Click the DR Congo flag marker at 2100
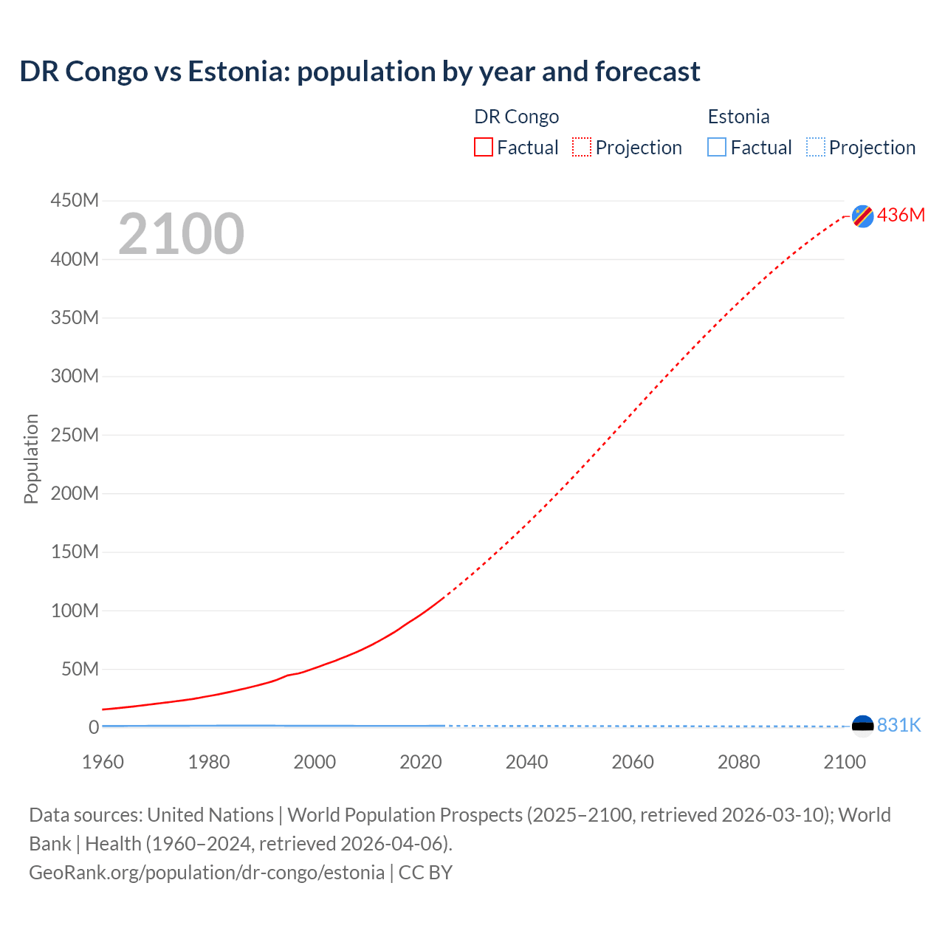(862, 216)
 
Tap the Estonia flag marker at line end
(862, 726)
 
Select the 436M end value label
(901, 215)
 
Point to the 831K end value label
(899, 725)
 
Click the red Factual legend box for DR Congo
(484, 147)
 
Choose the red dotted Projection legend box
(582, 147)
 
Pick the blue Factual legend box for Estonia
(717, 147)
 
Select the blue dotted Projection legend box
(816, 147)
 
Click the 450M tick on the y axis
(75, 200)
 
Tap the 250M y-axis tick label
(75, 435)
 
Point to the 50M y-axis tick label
(80, 669)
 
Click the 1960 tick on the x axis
(103, 762)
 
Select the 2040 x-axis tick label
(526, 762)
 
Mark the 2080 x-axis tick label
(738, 762)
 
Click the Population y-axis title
(31, 458)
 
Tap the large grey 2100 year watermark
(181, 234)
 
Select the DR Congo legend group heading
(516, 117)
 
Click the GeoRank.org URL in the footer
(207, 872)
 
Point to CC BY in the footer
(425, 872)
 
